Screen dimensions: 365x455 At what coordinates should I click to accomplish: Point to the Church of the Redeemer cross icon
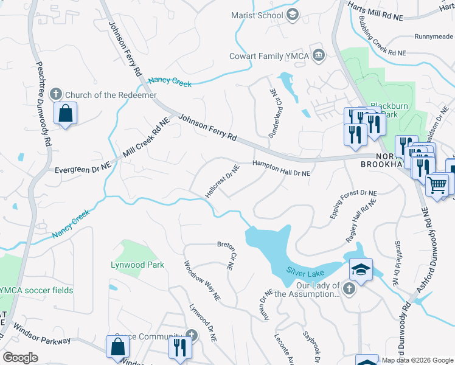point(56,94)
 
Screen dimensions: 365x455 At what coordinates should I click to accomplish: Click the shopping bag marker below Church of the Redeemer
point(65,113)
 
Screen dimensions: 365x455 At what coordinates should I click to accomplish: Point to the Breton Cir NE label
point(226,254)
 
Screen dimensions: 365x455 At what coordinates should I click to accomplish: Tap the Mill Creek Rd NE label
point(145,136)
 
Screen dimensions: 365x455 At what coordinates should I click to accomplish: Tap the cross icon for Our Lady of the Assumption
point(349,288)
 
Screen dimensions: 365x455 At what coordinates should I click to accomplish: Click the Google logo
point(20,358)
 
